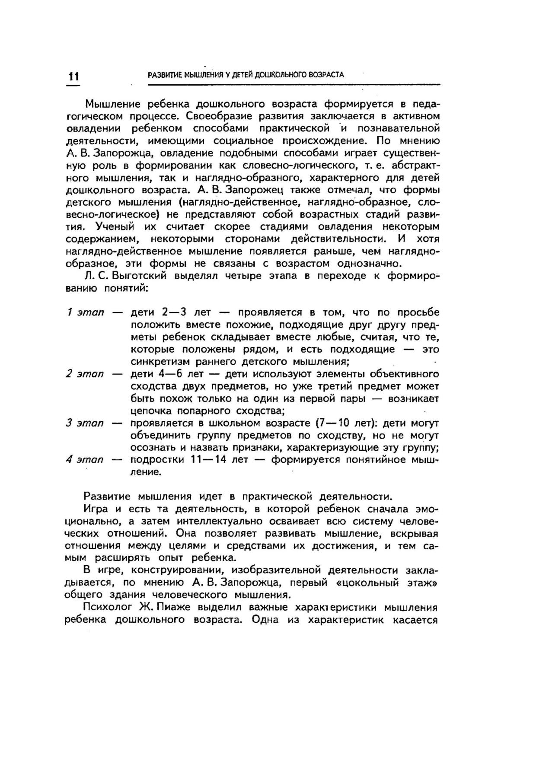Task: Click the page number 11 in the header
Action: pyautogui.click(x=73, y=76)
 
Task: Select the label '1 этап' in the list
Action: pyautogui.click(x=86, y=312)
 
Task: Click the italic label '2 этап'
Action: pyautogui.click(x=85, y=374)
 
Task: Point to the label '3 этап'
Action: pyautogui.click(x=85, y=423)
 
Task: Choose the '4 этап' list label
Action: pyautogui.click(x=85, y=460)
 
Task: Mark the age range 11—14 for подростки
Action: pyautogui.click(x=208, y=460)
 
